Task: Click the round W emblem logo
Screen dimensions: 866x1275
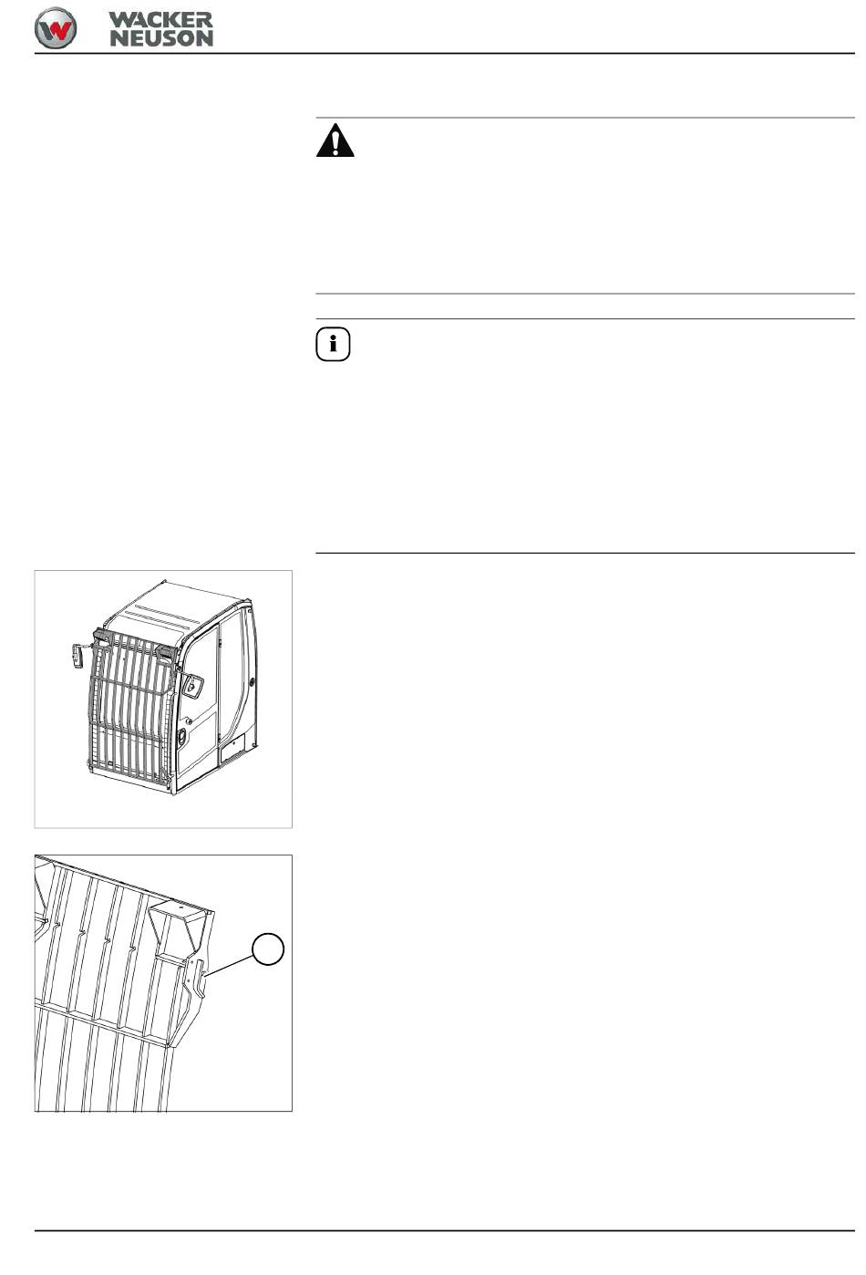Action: click(x=56, y=28)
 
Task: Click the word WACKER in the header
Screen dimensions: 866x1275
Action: click(x=161, y=20)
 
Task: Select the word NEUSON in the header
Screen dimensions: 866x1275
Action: click(x=161, y=38)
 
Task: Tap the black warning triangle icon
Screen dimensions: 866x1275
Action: click(x=335, y=140)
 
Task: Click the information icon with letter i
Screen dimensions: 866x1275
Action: click(x=333, y=345)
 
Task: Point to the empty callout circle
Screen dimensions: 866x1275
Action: click(x=268, y=948)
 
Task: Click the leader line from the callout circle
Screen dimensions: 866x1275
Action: click(x=229, y=965)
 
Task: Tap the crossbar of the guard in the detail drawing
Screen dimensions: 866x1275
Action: click(x=103, y=1024)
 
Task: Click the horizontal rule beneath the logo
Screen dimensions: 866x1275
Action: click(x=444, y=54)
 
